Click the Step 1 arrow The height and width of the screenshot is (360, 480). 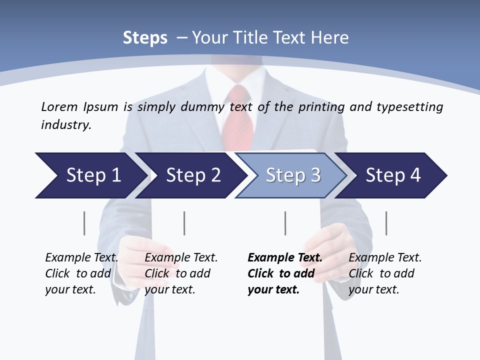(x=93, y=175)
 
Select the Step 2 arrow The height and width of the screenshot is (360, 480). (x=193, y=175)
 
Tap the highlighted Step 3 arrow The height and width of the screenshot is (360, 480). (x=293, y=175)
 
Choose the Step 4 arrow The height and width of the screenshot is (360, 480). (x=393, y=175)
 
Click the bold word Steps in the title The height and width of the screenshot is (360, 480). (x=145, y=38)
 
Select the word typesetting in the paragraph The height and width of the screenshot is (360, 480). (x=409, y=106)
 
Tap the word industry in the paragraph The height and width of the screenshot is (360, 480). (x=65, y=124)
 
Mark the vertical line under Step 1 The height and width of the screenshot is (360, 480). (x=84, y=223)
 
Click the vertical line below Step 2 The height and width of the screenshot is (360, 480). (x=184, y=223)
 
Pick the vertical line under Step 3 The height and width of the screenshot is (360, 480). (x=285, y=223)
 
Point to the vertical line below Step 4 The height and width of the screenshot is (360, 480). (x=386, y=223)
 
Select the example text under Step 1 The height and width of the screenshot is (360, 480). (x=81, y=273)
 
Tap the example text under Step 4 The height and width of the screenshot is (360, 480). (x=385, y=273)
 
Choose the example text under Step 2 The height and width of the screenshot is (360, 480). (x=181, y=273)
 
